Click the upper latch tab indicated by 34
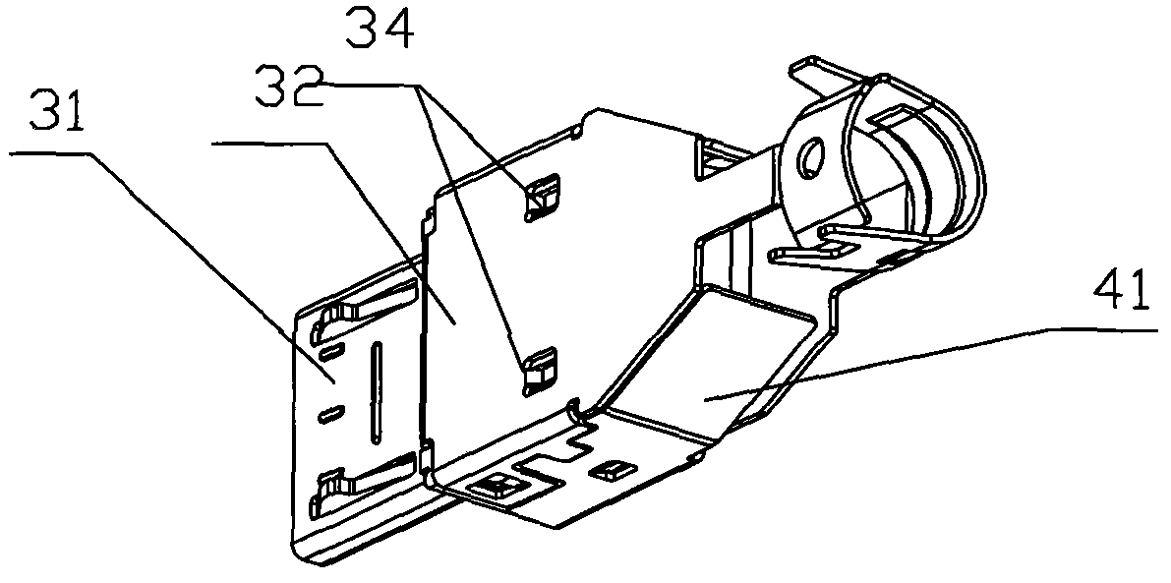pyautogui.click(x=543, y=198)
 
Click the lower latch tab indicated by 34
pyautogui.click(x=540, y=371)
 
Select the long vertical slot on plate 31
pyautogui.click(x=377, y=390)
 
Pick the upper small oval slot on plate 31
pyautogui.click(x=332, y=349)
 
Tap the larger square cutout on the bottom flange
pyautogui.click(x=495, y=489)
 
